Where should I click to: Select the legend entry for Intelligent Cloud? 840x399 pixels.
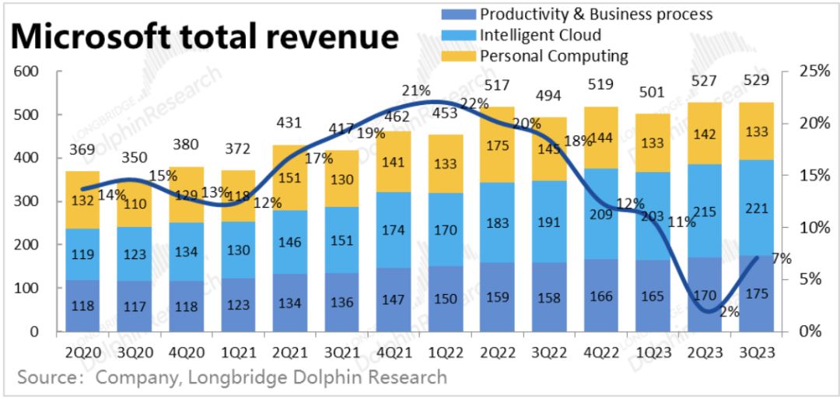coord(540,35)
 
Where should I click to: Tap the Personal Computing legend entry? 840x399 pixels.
coord(553,56)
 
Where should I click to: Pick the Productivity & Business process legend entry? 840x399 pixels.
coord(596,14)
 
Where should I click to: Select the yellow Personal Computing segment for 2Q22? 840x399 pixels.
coord(496,145)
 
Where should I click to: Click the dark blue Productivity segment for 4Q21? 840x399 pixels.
coord(393,299)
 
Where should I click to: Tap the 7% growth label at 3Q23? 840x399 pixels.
coord(782,259)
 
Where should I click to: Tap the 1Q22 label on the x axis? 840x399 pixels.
coord(444,351)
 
